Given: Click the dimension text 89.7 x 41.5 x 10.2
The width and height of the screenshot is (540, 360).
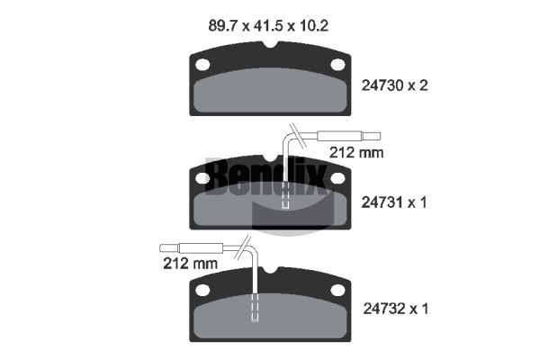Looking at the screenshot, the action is [x=268, y=26].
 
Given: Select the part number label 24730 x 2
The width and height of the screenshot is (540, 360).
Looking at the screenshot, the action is [x=394, y=85].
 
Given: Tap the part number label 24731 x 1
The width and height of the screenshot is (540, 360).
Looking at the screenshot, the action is [x=394, y=202].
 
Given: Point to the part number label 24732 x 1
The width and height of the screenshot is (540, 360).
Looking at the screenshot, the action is [x=396, y=309].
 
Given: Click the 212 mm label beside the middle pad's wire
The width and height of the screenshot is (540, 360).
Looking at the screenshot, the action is [x=356, y=152].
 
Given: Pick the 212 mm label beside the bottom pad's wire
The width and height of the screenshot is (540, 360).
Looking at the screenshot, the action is [x=190, y=264].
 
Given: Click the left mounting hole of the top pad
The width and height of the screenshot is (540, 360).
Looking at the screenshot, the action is [x=202, y=65].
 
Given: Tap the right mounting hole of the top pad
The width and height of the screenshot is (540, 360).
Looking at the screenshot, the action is [x=337, y=65].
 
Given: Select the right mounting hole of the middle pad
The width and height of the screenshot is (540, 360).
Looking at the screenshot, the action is [x=337, y=178].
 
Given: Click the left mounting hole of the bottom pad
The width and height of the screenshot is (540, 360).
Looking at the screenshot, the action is [x=202, y=290].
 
